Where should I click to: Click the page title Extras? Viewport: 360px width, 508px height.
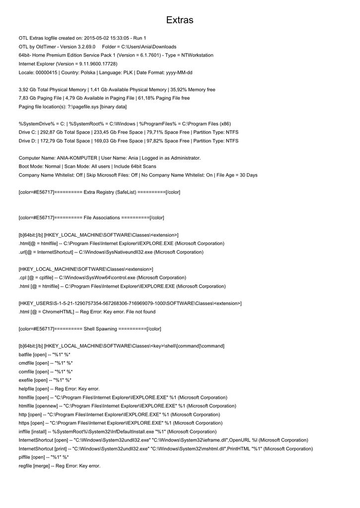point(180,20)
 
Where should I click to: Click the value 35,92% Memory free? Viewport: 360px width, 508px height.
point(193,90)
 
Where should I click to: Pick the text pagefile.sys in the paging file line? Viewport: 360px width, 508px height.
point(85,107)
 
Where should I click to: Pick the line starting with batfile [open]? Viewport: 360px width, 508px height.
point(46,355)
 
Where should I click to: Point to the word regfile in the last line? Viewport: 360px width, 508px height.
point(26,466)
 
